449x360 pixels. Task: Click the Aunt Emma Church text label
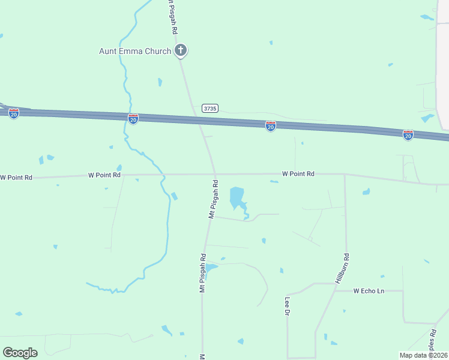pos(135,52)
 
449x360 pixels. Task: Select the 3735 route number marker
pos(209,109)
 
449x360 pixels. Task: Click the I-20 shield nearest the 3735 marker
pos(271,126)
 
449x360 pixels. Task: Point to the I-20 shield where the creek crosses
pos(133,119)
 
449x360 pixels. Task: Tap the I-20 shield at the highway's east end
pos(408,135)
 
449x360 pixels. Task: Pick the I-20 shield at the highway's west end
pos(14,113)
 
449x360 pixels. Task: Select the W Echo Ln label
pos(369,291)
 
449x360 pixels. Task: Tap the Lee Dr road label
pos(288,307)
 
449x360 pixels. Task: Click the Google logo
pos(20,352)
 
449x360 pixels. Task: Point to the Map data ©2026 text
pos(423,355)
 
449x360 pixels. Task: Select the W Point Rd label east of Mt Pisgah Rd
pos(298,174)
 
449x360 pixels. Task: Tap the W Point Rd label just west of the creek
pos(104,175)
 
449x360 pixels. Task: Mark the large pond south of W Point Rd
pos(237,196)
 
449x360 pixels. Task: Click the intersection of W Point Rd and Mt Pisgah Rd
pos(214,175)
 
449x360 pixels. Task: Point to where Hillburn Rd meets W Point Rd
pos(345,175)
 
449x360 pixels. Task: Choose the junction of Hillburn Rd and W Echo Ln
pos(334,290)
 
